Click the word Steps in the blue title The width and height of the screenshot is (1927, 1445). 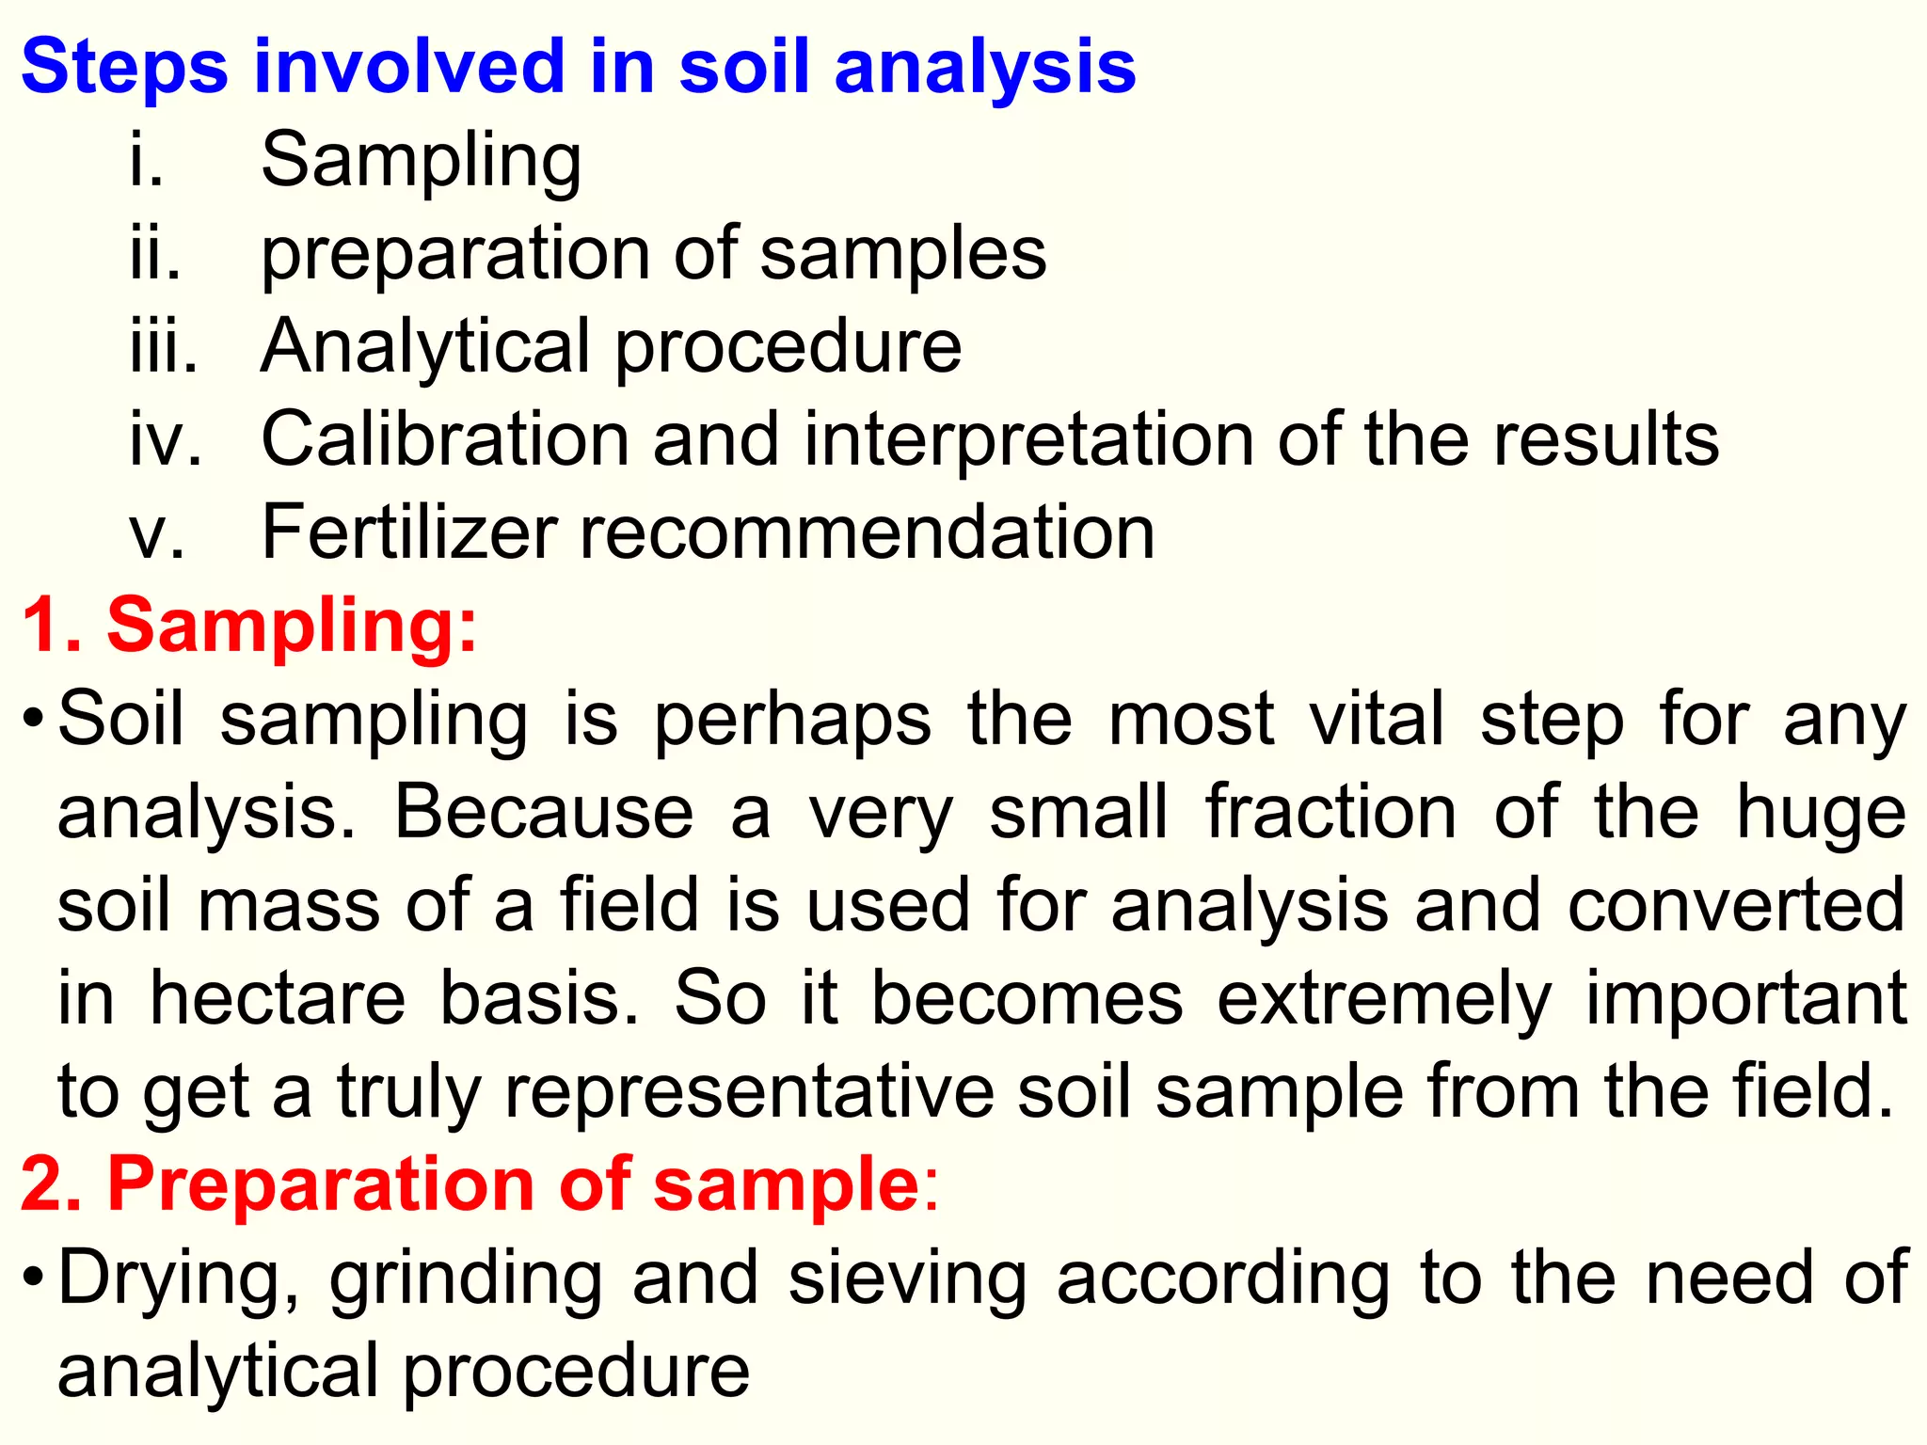[124, 68]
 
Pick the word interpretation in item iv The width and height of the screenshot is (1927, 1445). [1029, 439]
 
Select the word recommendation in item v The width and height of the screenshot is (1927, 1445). [868, 532]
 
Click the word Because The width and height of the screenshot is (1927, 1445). [544, 812]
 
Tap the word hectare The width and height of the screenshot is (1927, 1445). [279, 998]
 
